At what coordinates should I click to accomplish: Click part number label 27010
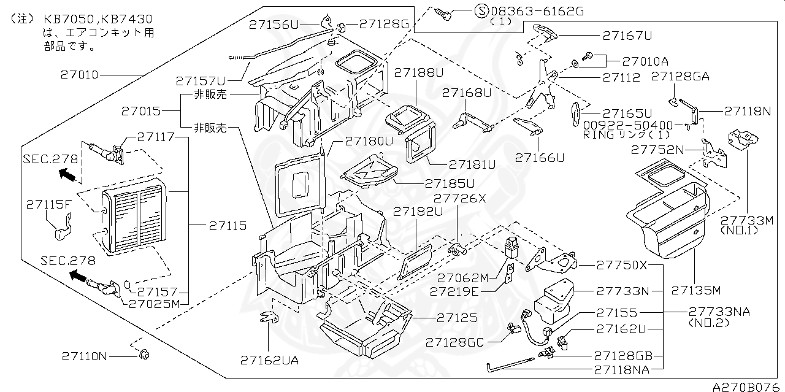click(79, 75)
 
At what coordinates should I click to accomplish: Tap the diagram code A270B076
click(748, 386)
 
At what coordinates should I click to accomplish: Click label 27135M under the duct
click(695, 289)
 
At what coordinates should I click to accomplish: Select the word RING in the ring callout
click(595, 134)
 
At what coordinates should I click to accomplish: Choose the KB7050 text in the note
click(66, 20)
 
